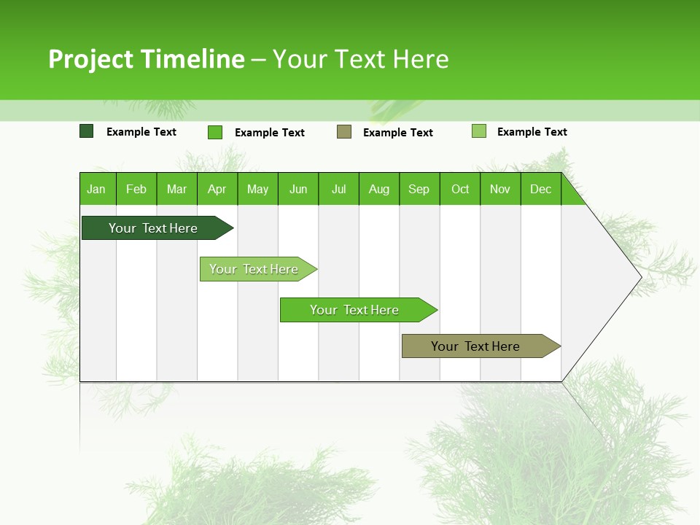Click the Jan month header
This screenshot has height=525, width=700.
tap(96, 189)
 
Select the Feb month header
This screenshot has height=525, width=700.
tap(136, 189)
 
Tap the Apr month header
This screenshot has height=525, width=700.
tap(217, 189)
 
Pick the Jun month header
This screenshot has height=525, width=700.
tap(298, 189)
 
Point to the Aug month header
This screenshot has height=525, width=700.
tap(378, 189)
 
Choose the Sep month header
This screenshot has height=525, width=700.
tap(419, 189)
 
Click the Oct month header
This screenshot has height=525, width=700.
tap(460, 189)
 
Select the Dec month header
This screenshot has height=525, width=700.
tap(540, 189)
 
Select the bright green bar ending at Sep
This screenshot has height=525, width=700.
tap(355, 310)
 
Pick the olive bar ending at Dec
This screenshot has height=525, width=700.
tap(476, 346)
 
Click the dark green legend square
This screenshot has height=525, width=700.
tap(87, 131)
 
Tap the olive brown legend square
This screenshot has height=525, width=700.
tap(344, 131)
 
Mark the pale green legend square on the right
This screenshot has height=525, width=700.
tap(479, 131)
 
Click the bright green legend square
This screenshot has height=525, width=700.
tap(215, 132)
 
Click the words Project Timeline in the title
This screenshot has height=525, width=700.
tap(146, 59)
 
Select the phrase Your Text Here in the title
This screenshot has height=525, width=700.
tap(360, 59)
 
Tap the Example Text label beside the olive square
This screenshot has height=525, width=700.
tap(397, 133)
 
